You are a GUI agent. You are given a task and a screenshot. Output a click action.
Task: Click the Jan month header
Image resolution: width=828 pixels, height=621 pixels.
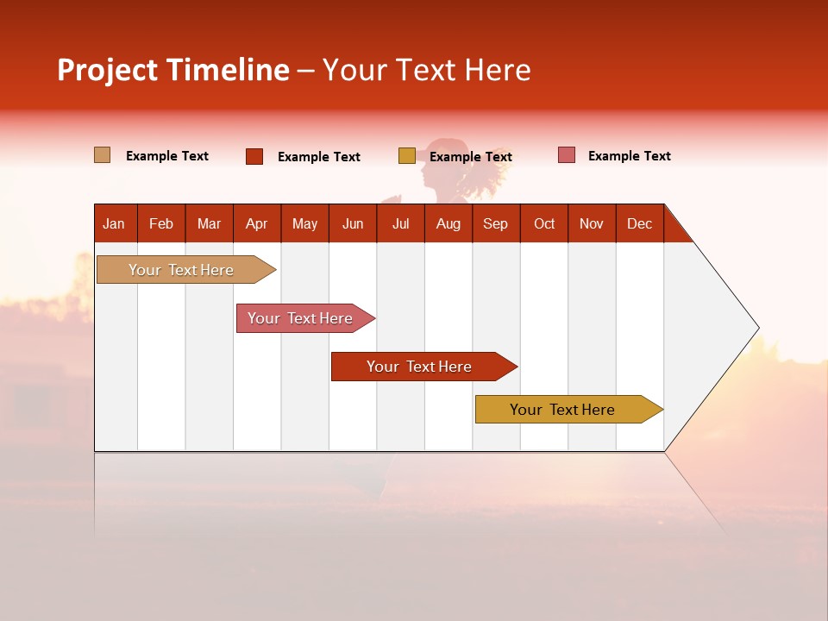pos(114,223)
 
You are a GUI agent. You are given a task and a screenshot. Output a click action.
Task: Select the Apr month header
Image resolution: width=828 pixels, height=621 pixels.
pos(256,223)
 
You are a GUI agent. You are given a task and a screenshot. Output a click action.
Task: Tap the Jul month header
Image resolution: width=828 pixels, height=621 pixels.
pos(400,223)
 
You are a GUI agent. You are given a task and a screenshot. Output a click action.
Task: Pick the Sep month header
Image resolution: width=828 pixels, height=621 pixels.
pos(495,223)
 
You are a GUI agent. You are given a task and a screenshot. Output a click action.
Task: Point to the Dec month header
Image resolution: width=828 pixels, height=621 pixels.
pos(639,223)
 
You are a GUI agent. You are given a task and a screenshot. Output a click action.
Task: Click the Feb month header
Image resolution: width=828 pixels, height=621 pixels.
pos(161,223)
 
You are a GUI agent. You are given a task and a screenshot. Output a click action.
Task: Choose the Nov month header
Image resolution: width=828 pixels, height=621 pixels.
pos(591,223)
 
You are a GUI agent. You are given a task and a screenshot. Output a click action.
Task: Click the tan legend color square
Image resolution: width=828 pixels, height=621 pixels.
pos(102,155)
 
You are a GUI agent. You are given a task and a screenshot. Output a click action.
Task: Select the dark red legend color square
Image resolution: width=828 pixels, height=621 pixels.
pos(254,156)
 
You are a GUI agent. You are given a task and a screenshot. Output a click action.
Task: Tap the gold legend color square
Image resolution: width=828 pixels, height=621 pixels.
pos(407,156)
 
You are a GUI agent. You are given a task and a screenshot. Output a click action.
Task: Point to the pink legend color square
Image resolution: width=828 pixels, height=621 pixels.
pos(567,155)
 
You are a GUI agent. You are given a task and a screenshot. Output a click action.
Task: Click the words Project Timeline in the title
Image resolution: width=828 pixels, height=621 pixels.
pos(173,70)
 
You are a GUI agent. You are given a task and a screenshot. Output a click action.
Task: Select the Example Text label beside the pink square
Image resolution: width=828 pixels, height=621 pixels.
pos(629,156)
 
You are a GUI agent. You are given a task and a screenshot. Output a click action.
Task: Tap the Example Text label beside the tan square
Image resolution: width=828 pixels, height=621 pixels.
pos(167,156)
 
